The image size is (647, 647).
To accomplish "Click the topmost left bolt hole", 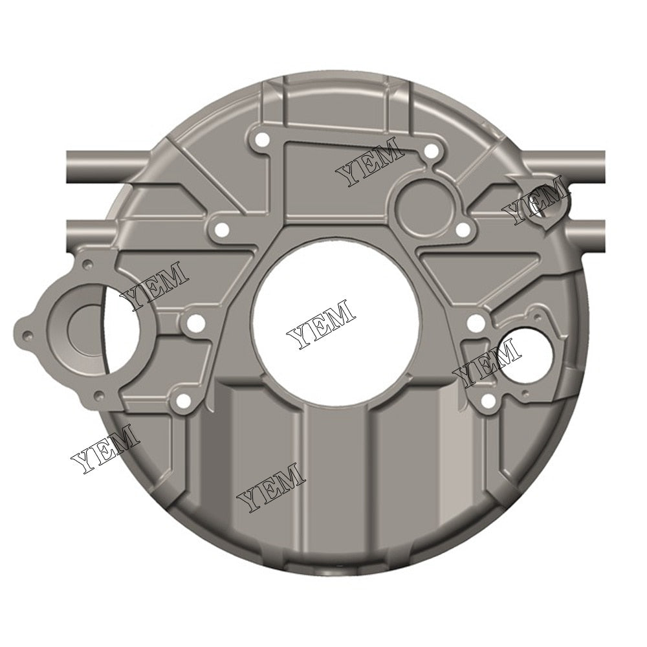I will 262,140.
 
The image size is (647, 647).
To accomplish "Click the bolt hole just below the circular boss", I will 463,229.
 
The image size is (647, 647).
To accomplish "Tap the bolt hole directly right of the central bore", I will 475,322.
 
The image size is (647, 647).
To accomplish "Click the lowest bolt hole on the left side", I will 184,402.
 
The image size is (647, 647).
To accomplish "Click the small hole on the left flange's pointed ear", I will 27,336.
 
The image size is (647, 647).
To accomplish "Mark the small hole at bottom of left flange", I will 98,394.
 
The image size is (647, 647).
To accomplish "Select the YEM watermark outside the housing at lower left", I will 105,449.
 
